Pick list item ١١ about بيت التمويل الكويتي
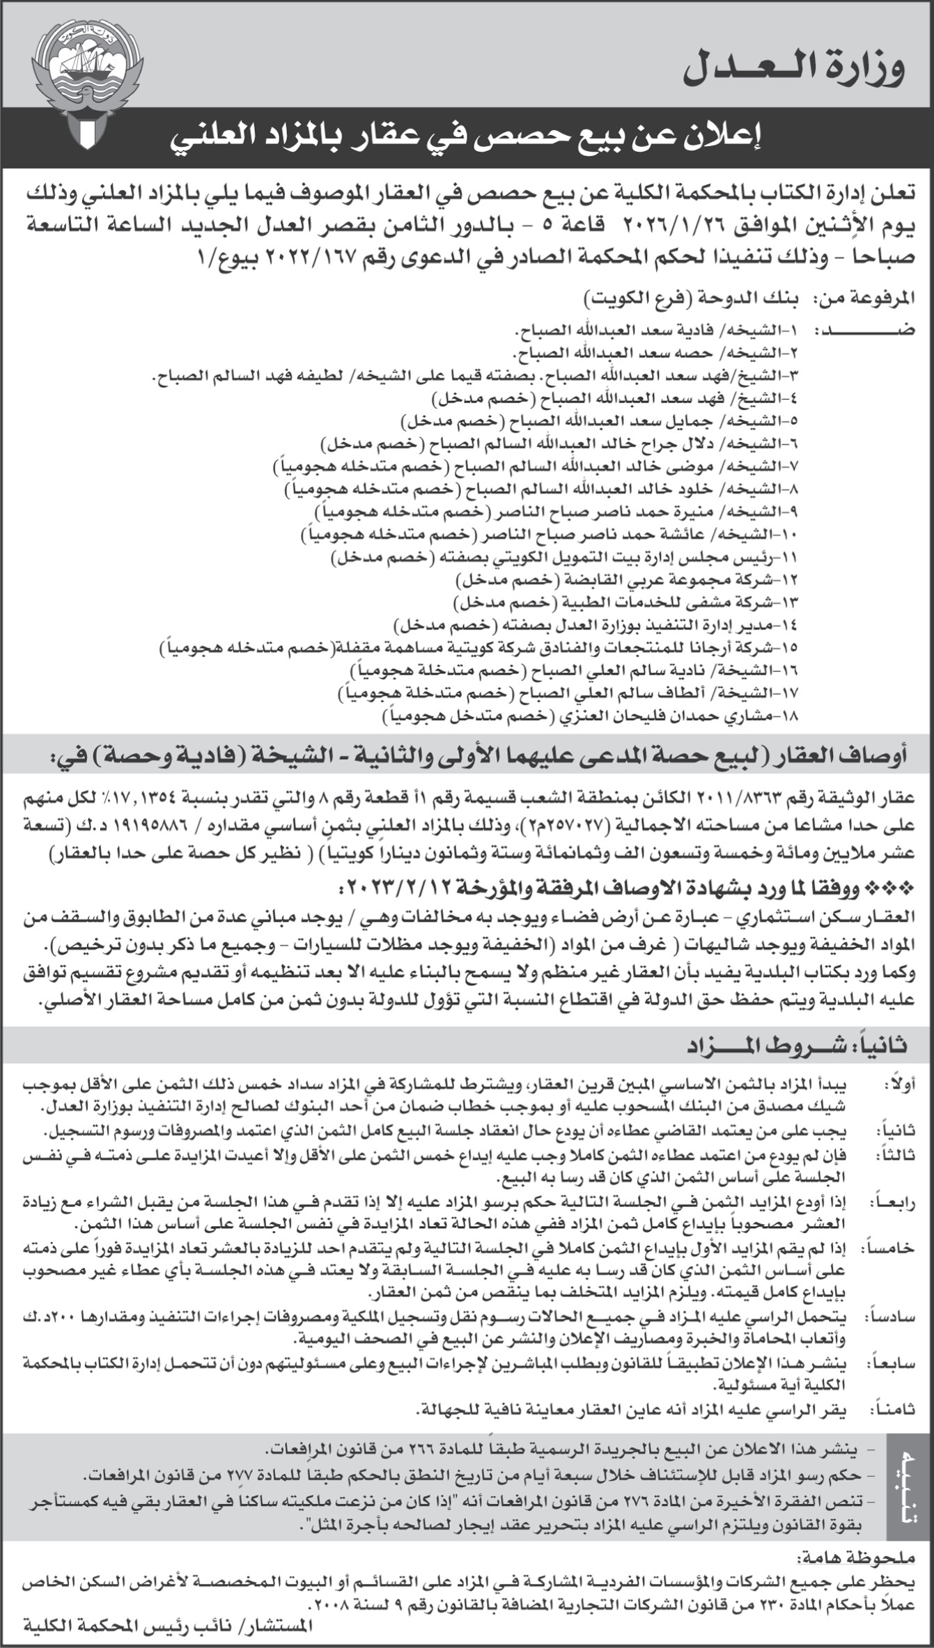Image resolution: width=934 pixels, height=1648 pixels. (564, 557)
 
